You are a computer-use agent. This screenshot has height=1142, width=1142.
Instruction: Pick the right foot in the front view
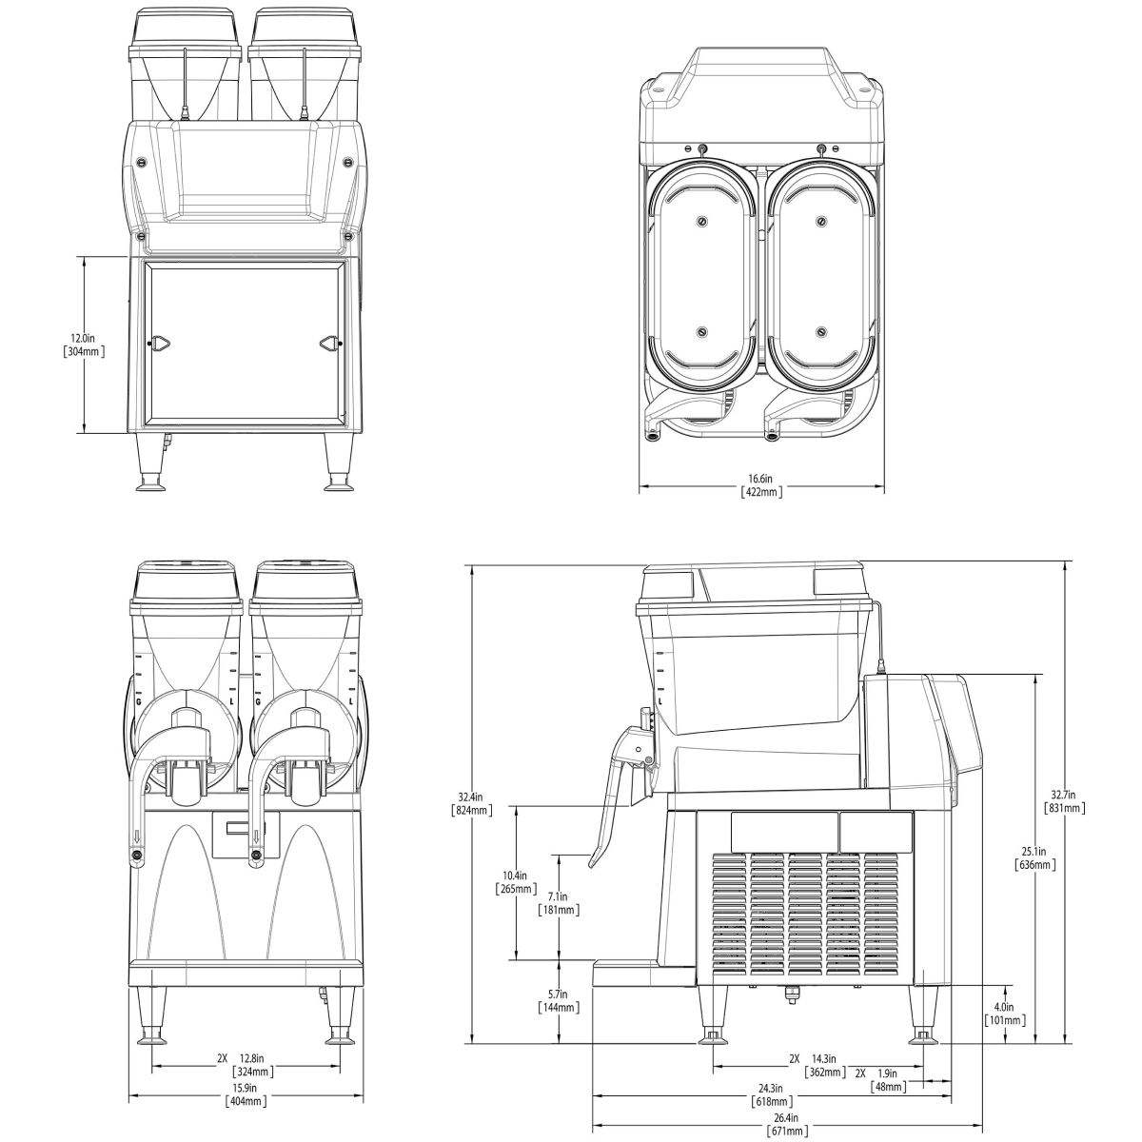[339, 1033]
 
